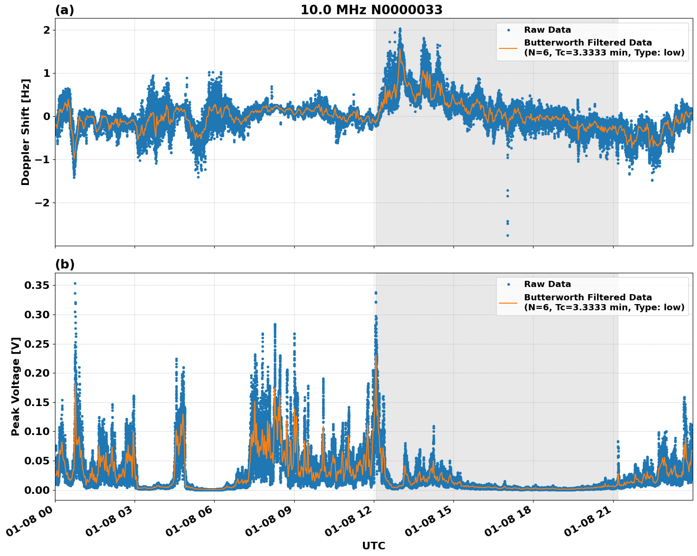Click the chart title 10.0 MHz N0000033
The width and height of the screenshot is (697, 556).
click(x=371, y=10)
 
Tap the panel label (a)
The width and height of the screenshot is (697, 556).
click(x=64, y=10)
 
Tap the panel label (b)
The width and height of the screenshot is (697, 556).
click(x=64, y=264)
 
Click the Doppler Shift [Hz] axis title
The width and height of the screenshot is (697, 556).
click(x=26, y=132)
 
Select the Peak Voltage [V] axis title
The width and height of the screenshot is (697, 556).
click(x=16, y=386)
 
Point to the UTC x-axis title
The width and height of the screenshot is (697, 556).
click(x=373, y=546)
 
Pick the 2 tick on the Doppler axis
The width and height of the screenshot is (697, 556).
click(x=47, y=30)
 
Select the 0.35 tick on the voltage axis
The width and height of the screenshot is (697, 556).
click(x=36, y=285)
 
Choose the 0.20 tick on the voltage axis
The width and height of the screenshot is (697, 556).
click(x=36, y=373)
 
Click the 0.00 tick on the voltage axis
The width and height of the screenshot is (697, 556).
click(x=36, y=490)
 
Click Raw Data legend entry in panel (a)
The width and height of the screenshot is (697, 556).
click(x=547, y=30)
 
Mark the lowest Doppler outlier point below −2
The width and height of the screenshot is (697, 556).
click(x=507, y=235)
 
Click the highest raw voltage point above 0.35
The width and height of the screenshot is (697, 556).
click(x=75, y=283)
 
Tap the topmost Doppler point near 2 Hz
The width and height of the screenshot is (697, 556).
click(x=400, y=29)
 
